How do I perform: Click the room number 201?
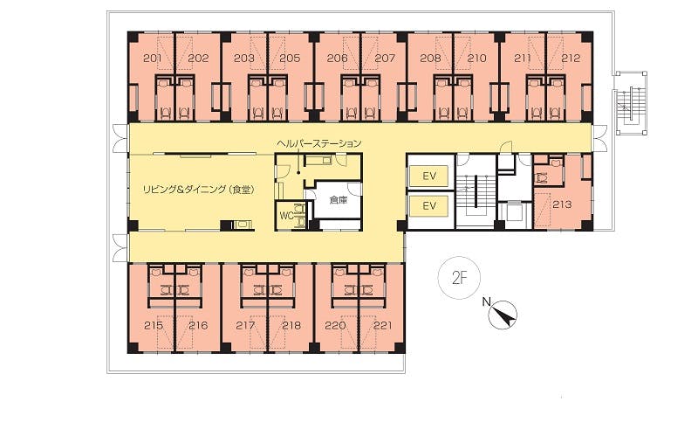click(x=152, y=58)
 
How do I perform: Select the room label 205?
click(x=291, y=58)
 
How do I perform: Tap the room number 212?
click(x=571, y=58)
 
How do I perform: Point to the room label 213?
click(x=562, y=204)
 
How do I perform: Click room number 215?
click(x=154, y=325)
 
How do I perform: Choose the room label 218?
click(x=291, y=325)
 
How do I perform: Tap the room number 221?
click(x=382, y=325)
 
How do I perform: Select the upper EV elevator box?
click(x=428, y=176)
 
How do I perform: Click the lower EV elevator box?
click(x=428, y=206)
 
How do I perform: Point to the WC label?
click(x=286, y=216)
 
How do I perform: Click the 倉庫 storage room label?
click(x=339, y=200)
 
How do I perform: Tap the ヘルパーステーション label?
click(x=318, y=143)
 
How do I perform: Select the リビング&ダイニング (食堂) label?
click(x=199, y=190)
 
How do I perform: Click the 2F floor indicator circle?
click(x=460, y=278)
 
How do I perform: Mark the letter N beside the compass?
click(x=487, y=302)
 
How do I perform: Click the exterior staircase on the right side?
click(x=630, y=102)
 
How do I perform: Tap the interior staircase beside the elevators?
click(x=476, y=191)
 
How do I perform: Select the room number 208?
click(x=430, y=58)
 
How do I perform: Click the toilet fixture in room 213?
click(x=542, y=178)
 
